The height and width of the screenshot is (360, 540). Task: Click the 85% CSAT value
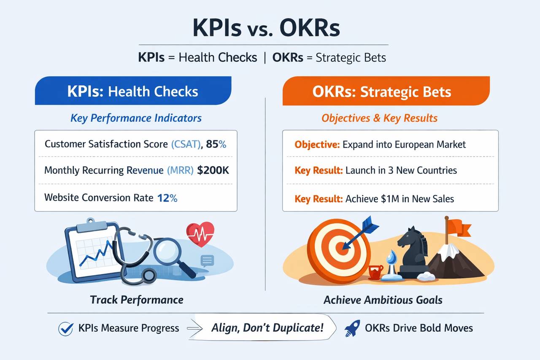[216, 144]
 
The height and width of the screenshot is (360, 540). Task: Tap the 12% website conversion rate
[167, 197]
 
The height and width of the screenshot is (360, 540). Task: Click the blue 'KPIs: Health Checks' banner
[133, 91]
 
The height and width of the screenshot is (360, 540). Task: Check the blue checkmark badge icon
[65, 328]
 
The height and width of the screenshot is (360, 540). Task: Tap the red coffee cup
[375, 271]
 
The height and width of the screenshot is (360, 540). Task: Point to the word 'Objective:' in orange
[317, 145]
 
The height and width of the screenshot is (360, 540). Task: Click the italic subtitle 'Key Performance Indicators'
[136, 118]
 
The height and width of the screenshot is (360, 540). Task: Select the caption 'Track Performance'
[137, 300]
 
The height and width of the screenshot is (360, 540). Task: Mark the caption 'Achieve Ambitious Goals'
[383, 300]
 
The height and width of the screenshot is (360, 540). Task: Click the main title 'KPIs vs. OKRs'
[266, 29]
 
